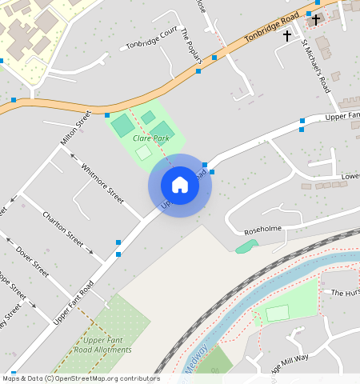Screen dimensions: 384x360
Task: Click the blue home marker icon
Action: click(x=180, y=185)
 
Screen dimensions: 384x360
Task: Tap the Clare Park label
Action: click(x=150, y=138)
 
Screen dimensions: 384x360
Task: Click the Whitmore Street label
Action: click(x=103, y=182)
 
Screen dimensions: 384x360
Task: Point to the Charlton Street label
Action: click(x=63, y=228)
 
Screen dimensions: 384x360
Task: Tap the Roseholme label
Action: click(x=263, y=229)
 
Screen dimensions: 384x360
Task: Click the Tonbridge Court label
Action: click(x=151, y=38)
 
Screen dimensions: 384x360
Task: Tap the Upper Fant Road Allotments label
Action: click(x=102, y=345)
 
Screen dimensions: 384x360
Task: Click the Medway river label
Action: click(x=195, y=358)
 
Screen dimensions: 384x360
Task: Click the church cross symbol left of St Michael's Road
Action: click(x=287, y=36)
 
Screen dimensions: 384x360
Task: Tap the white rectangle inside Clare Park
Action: click(x=142, y=152)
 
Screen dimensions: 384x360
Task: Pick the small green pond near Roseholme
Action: click(x=246, y=246)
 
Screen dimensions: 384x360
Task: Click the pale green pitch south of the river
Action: click(x=277, y=313)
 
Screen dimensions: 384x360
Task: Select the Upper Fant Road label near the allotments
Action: click(x=74, y=302)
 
